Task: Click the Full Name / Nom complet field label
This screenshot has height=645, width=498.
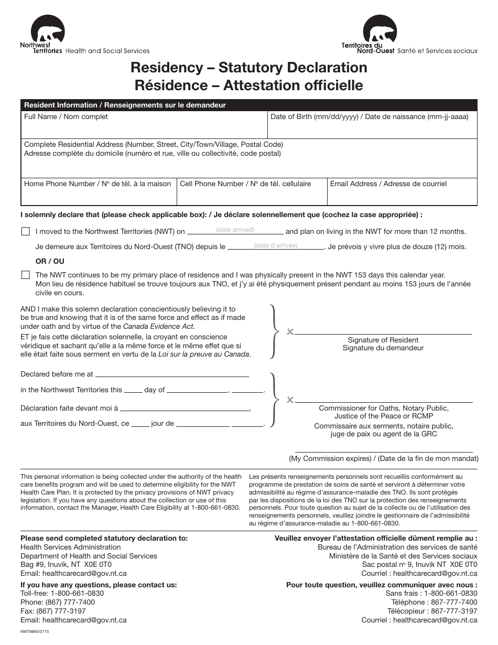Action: [66, 117]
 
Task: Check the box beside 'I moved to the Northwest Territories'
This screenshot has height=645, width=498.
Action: [25, 231]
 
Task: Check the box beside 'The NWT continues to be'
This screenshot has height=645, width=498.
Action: [25, 275]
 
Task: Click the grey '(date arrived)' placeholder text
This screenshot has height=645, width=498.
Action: [235, 230]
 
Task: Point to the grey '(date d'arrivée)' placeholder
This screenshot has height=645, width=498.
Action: [275, 245]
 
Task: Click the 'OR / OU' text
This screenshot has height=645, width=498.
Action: [50, 261]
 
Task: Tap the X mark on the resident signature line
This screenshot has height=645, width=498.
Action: [290, 331]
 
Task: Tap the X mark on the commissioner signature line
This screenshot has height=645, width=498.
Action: [290, 400]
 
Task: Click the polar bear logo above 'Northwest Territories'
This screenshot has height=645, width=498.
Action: [48, 31]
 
